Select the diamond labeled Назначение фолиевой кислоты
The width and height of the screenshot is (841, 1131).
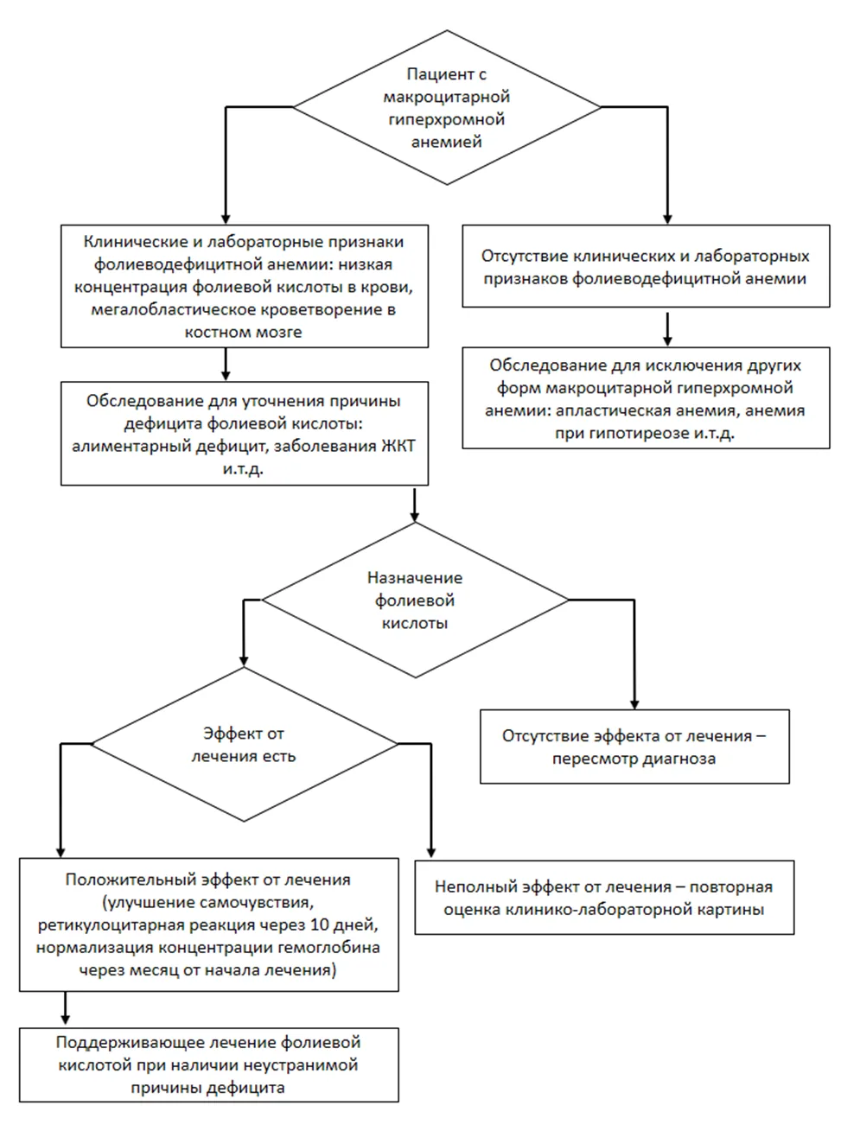click(415, 600)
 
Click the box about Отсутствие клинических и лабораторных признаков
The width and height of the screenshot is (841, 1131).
click(646, 265)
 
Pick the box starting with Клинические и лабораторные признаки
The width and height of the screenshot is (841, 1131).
click(245, 286)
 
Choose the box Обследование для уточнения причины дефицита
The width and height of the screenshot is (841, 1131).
click(245, 434)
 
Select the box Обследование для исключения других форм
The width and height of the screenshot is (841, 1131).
click(646, 397)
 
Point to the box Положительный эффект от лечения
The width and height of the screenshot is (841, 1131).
click(208, 924)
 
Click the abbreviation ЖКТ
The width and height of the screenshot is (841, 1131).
click(398, 446)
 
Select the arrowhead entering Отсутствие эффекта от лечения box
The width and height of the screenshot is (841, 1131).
click(634, 703)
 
